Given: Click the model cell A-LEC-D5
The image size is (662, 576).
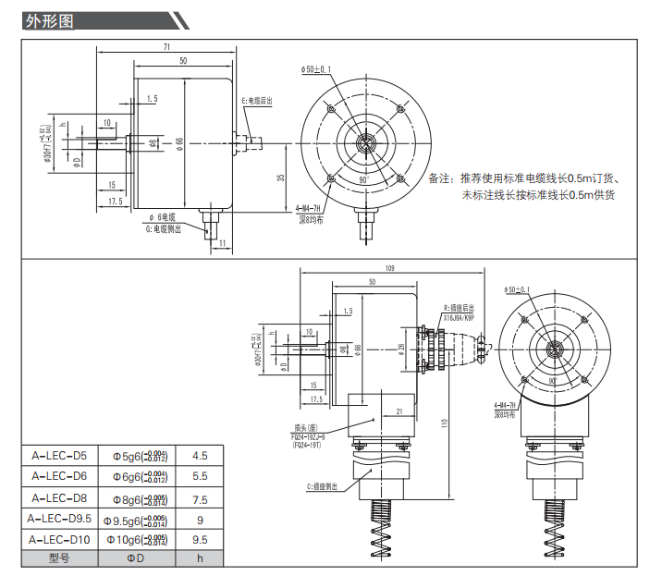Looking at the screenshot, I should [59, 455].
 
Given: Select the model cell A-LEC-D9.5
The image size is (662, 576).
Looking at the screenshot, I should [59, 519].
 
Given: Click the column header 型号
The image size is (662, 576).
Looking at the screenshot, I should [59, 558].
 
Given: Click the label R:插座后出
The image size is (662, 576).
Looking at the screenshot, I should [460, 307].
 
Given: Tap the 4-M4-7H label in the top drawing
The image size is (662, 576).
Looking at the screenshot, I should [309, 209].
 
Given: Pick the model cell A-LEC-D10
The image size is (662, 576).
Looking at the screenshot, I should [59, 539].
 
